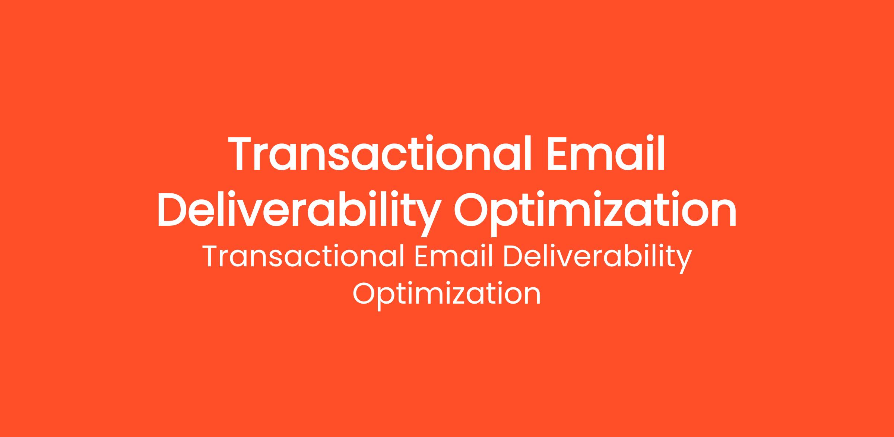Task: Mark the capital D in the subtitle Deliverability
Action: click(514, 257)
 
